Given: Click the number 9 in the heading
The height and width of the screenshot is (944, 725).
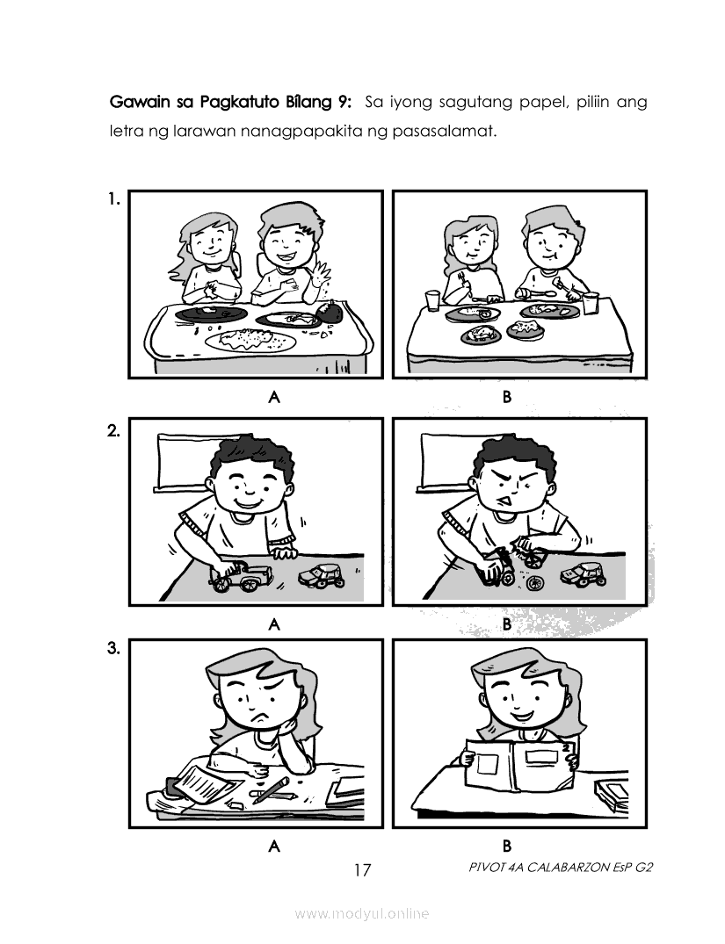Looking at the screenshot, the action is [x=342, y=103].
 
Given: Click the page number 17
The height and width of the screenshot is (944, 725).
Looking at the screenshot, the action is [x=363, y=870].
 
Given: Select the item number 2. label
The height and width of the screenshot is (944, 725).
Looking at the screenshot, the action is [x=113, y=431].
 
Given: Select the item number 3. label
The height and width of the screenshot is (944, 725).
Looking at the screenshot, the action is [x=113, y=649].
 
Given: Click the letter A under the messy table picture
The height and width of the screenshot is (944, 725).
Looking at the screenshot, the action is [x=274, y=397].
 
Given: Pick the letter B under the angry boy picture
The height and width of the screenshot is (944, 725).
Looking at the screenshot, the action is [x=507, y=623].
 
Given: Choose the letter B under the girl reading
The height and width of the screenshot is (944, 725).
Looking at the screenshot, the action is [x=507, y=846].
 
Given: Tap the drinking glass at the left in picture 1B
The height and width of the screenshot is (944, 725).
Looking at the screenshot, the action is [x=432, y=299].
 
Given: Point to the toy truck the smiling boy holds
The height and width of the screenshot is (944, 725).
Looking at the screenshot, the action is [x=241, y=577].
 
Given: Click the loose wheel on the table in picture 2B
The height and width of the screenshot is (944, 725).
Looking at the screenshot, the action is [x=533, y=583].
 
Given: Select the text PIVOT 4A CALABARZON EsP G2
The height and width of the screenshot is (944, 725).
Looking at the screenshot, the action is [x=560, y=868].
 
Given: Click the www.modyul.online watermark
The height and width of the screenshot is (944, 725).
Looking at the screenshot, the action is [x=362, y=913].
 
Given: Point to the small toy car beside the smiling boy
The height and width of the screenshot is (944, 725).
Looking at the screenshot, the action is [x=323, y=576].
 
